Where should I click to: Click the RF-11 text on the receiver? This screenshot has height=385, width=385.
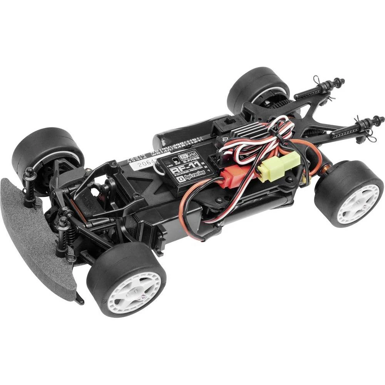tap(186, 169)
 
